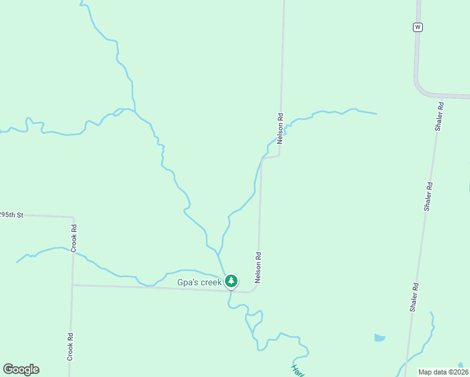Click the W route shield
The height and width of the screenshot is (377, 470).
tap(418, 27)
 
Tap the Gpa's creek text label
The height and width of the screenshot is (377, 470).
tap(199, 282)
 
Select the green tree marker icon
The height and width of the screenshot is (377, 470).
tap(231, 281)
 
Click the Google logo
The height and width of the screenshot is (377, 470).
tap(21, 369)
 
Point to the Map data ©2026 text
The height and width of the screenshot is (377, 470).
tap(443, 372)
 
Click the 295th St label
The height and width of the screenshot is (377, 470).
tap(11, 215)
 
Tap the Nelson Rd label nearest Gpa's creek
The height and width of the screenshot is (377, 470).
tap(258, 267)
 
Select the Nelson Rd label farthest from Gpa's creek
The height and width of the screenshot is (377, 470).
tap(280, 128)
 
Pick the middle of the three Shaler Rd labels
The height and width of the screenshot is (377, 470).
tap(428, 197)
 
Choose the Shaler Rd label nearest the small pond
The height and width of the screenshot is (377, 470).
tap(415, 297)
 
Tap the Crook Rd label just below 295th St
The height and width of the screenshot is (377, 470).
tap(74, 238)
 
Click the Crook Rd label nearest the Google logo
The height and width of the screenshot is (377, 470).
tap(70, 346)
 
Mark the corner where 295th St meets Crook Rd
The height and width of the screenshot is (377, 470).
tap(74, 217)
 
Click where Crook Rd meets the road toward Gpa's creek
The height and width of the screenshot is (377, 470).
tap(72, 285)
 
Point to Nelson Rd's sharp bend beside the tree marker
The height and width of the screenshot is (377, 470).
tap(255, 290)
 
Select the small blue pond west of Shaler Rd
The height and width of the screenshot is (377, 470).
tap(380, 337)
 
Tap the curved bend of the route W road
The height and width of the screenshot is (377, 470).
tap(419, 87)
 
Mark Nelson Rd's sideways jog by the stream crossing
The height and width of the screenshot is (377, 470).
tap(270, 157)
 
